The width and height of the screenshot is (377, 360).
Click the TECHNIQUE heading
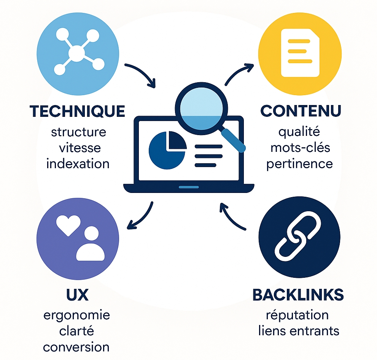coord(77,111)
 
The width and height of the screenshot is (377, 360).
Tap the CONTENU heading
coord(301,111)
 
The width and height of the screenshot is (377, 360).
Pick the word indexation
coord(78,164)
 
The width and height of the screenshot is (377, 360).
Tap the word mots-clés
coord(299,148)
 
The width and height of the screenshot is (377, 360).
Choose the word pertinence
coord(299,164)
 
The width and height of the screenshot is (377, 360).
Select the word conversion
coord(76,347)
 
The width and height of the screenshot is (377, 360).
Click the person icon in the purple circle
coord(91,244)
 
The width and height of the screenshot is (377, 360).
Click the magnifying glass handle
coord(234,140)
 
